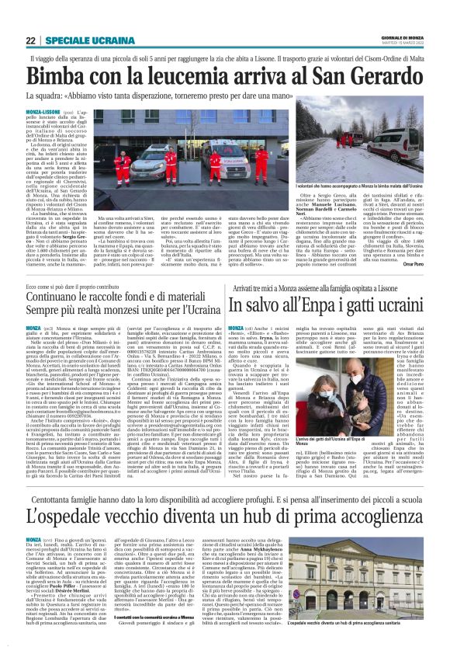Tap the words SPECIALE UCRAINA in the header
pos(83,40)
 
